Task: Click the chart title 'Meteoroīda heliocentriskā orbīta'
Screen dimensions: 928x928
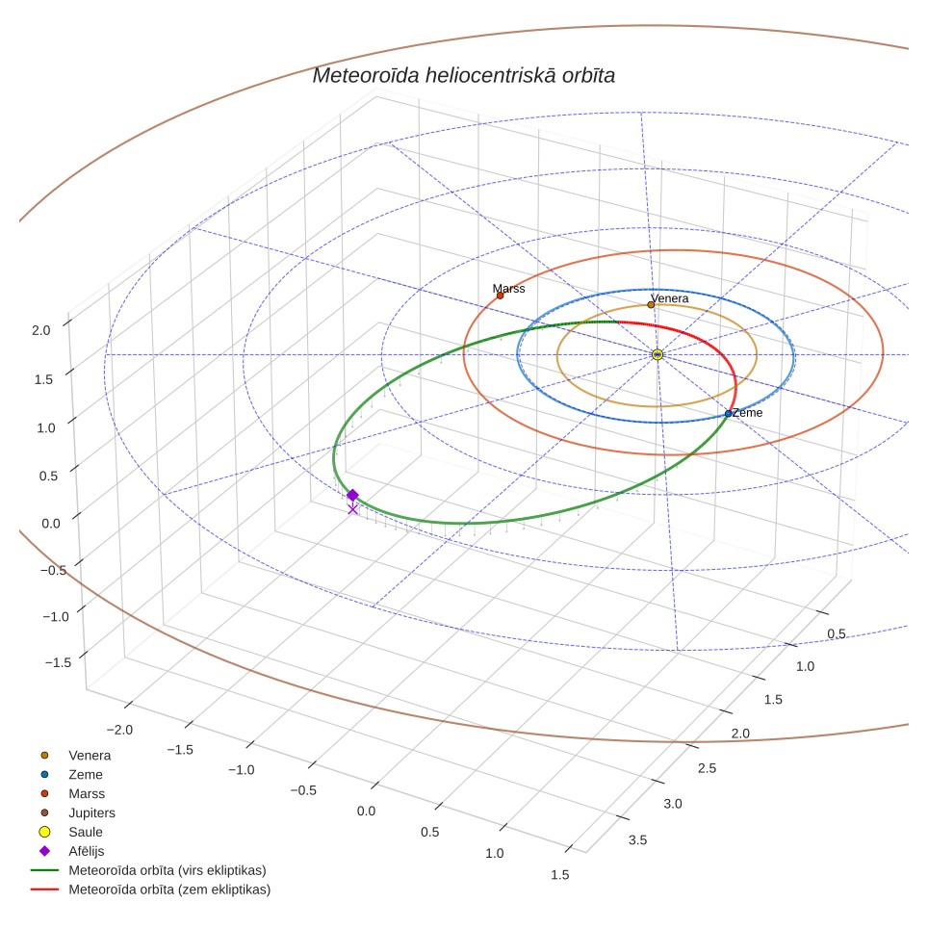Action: tap(463, 76)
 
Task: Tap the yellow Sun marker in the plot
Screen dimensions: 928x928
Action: tap(657, 354)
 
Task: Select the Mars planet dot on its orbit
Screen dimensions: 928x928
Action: tap(501, 296)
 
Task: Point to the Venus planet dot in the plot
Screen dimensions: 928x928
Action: tap(651, 305)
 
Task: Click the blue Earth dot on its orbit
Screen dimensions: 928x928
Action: tap(728, 414)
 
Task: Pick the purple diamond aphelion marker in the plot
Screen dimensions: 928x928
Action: tap(352, 495)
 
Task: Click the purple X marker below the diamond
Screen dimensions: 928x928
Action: tap(352, 509)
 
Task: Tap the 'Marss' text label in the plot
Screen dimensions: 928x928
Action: tap(509, 288)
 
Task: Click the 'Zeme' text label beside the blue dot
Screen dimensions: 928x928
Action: tap(747, 413)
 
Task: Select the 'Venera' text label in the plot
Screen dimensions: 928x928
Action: tap(670, 298)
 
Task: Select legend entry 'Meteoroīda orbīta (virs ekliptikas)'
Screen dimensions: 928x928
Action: tap(148, 870)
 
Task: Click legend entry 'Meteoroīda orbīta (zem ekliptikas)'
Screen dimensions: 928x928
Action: tap(151, 889)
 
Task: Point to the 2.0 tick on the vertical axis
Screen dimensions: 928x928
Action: tap(40, 330)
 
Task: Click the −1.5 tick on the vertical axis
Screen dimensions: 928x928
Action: tap(58, 662)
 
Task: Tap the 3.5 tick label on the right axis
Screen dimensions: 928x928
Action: tap(638, 839)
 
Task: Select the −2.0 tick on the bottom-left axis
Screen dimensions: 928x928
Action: tap(119, 730)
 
